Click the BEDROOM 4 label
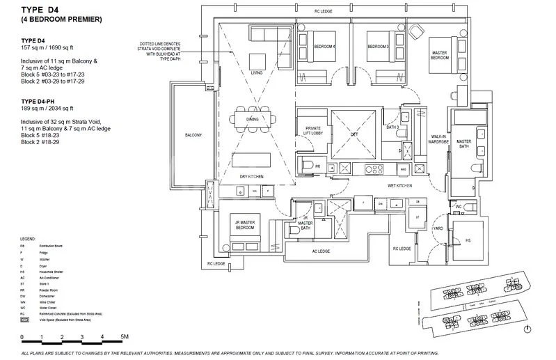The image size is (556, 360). click(324, 47)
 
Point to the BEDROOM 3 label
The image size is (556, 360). click(378, 47)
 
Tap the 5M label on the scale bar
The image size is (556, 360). click(124, 336)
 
